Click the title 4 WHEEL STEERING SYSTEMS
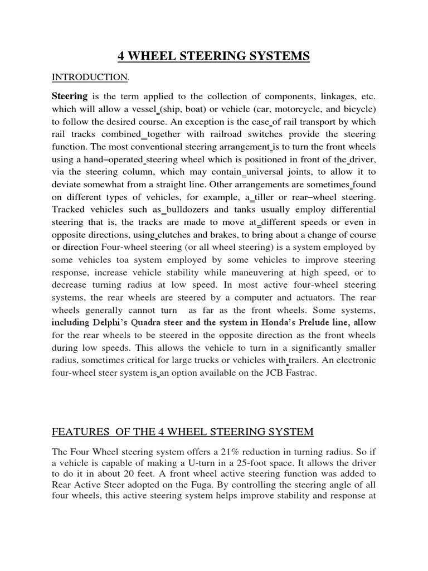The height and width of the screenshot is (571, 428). pos(213,56)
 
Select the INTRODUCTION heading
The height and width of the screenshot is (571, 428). pos(89,76)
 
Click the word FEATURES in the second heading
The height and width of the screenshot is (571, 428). pos(79,432)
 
